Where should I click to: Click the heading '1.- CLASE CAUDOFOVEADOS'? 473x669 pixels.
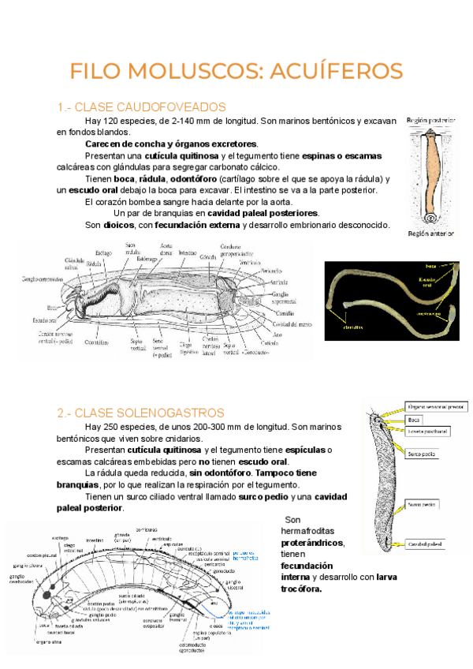click(142, 107)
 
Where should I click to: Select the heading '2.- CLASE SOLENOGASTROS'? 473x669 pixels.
click(140, 413)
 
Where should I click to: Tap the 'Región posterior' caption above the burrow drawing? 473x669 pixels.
click(432, 121)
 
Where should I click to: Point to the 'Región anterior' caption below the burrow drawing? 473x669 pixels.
click(431, 234)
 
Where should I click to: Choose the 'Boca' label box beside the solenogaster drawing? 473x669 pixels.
click(415, 419)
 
